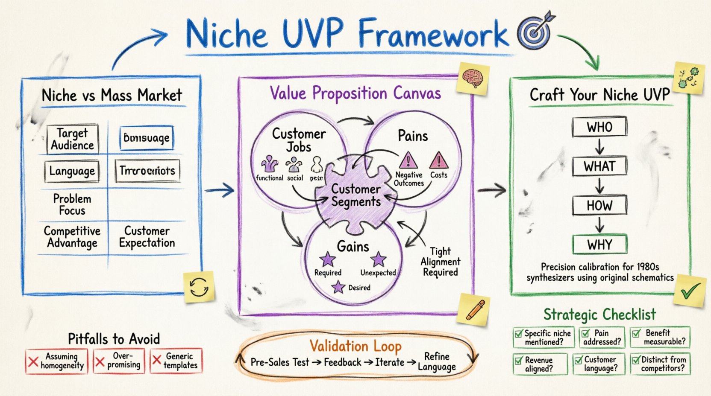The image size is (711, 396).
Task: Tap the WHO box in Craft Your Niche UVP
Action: click(x=599, y=127)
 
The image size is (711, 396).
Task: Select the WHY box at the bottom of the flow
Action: click(x=599, y=245)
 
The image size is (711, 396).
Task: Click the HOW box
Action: click(x=599, y=205)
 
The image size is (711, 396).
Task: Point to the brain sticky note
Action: click(x=472, y=78)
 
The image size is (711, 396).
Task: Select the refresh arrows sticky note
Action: click(x=199, y=287)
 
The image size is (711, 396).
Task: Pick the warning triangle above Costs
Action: click(x=438, y=160)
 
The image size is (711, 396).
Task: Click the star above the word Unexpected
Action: click(x=378, y=259)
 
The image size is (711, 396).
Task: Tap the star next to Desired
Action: click(x=338, y=287)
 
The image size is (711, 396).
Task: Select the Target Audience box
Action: click(x=72, y=139)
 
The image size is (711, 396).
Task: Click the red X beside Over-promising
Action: click(x=100, y=362)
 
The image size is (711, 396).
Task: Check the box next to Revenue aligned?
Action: click(x=519, y=361)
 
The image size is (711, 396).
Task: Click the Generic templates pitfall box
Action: click(x=176, y=361)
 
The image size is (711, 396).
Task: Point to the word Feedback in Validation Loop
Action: click(x=342, y=362)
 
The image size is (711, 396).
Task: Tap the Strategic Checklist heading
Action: click(x=599, y=314)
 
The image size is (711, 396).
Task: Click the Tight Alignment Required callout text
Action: click(x=440, y=262)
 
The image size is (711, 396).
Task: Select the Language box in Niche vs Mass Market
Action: click(x=72, y=171)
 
